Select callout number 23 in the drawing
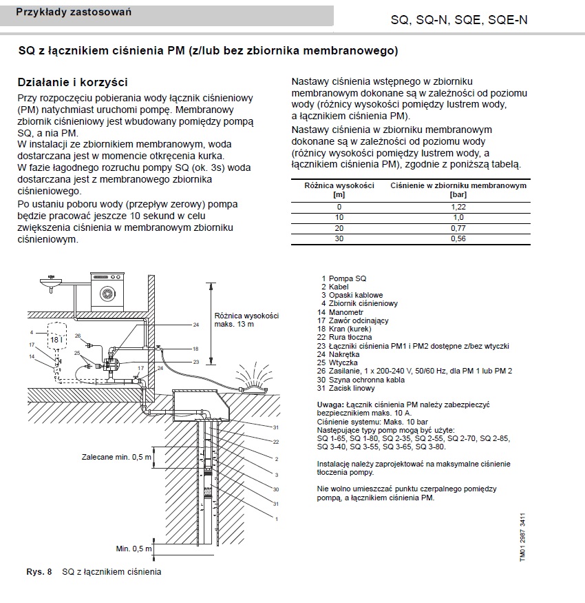(195, 361)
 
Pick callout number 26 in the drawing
(78, 336)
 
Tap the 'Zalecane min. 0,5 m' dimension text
(116, 456)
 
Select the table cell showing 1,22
(458, 207)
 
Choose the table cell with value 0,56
(458, 238)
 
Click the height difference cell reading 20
(339, 228)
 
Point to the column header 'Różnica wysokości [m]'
(339, 190)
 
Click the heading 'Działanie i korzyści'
(72, 81)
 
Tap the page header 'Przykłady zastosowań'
(74, 12)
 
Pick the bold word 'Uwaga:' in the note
(330, 405)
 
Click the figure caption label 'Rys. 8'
(39, 572)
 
